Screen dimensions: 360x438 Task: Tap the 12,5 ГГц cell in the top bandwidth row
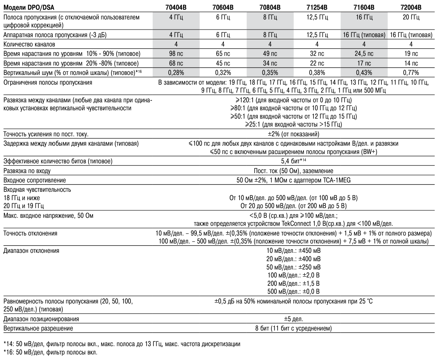click(x=317, y=17)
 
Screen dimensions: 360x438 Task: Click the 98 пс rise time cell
click(x=176, y=54)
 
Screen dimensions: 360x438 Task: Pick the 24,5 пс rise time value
click(x=364, y=54)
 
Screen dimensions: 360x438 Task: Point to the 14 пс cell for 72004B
click(x=411, y=63)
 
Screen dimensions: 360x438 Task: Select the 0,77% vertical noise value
click(x=411, y=73)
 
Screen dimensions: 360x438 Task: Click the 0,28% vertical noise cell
click(x=176, y=73)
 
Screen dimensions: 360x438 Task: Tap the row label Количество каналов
click(x=29, y=44)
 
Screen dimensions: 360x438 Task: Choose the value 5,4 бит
click(x=293, y=161)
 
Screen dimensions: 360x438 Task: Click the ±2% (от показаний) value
click(x=293, y=134)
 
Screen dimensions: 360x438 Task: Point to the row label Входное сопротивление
click(x=34, y=180)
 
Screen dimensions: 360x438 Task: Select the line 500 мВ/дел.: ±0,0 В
click(x=293, y=292)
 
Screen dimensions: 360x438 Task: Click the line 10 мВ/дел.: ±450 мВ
click(x=293, y=251)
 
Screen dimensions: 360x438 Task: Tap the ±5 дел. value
click(x=293, y=319)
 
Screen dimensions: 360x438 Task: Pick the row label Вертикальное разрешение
click(x=38, y=328)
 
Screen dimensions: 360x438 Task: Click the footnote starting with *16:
click(x=50, y=352)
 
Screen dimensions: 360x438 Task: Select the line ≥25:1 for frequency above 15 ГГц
click(x=293, y=125)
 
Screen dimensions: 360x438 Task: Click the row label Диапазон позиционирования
click(x=41, y=319)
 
